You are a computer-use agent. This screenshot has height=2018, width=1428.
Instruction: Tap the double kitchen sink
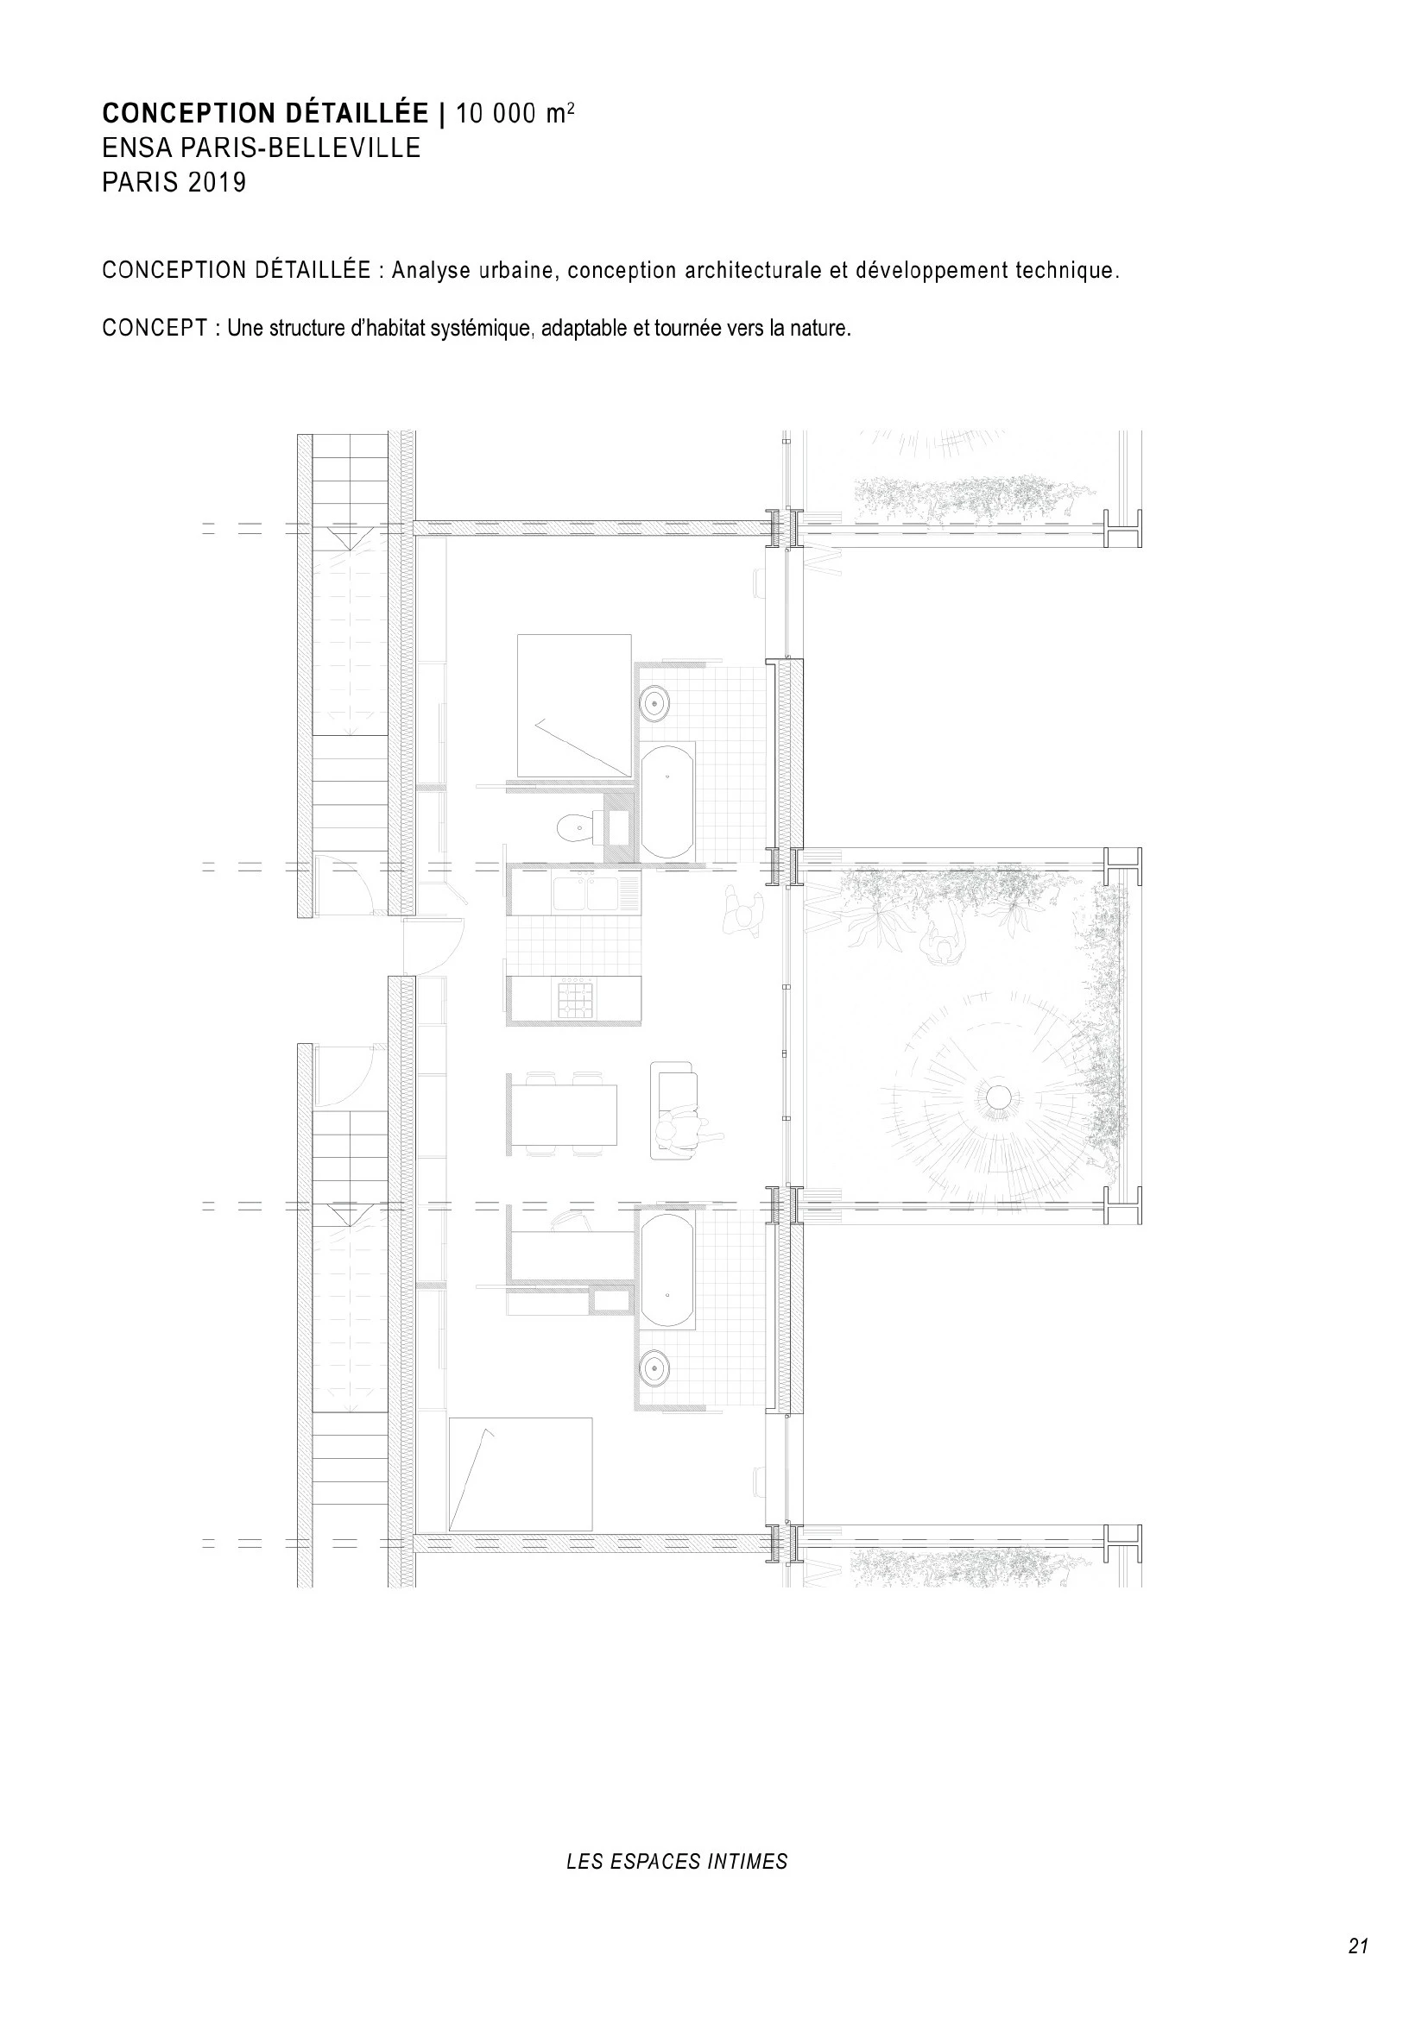[586, 892]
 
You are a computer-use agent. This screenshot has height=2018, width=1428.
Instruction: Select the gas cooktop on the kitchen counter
[574, 999]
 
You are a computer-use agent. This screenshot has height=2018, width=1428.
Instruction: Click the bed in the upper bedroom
[574, 706]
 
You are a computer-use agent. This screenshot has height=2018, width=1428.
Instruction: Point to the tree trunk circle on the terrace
[998, 1097]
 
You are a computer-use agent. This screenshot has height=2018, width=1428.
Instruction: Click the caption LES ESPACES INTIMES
[677, 1862]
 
